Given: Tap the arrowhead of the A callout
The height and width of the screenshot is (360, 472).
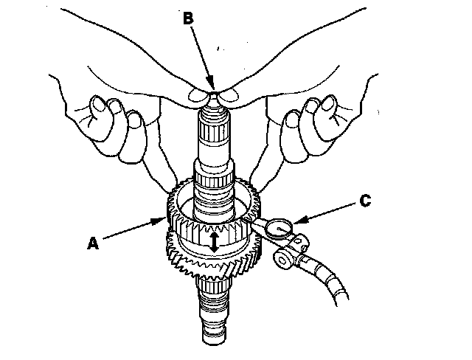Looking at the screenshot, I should click(x=163, y=219).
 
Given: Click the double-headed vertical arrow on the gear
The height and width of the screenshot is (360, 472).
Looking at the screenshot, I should click(x=214, y=242).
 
